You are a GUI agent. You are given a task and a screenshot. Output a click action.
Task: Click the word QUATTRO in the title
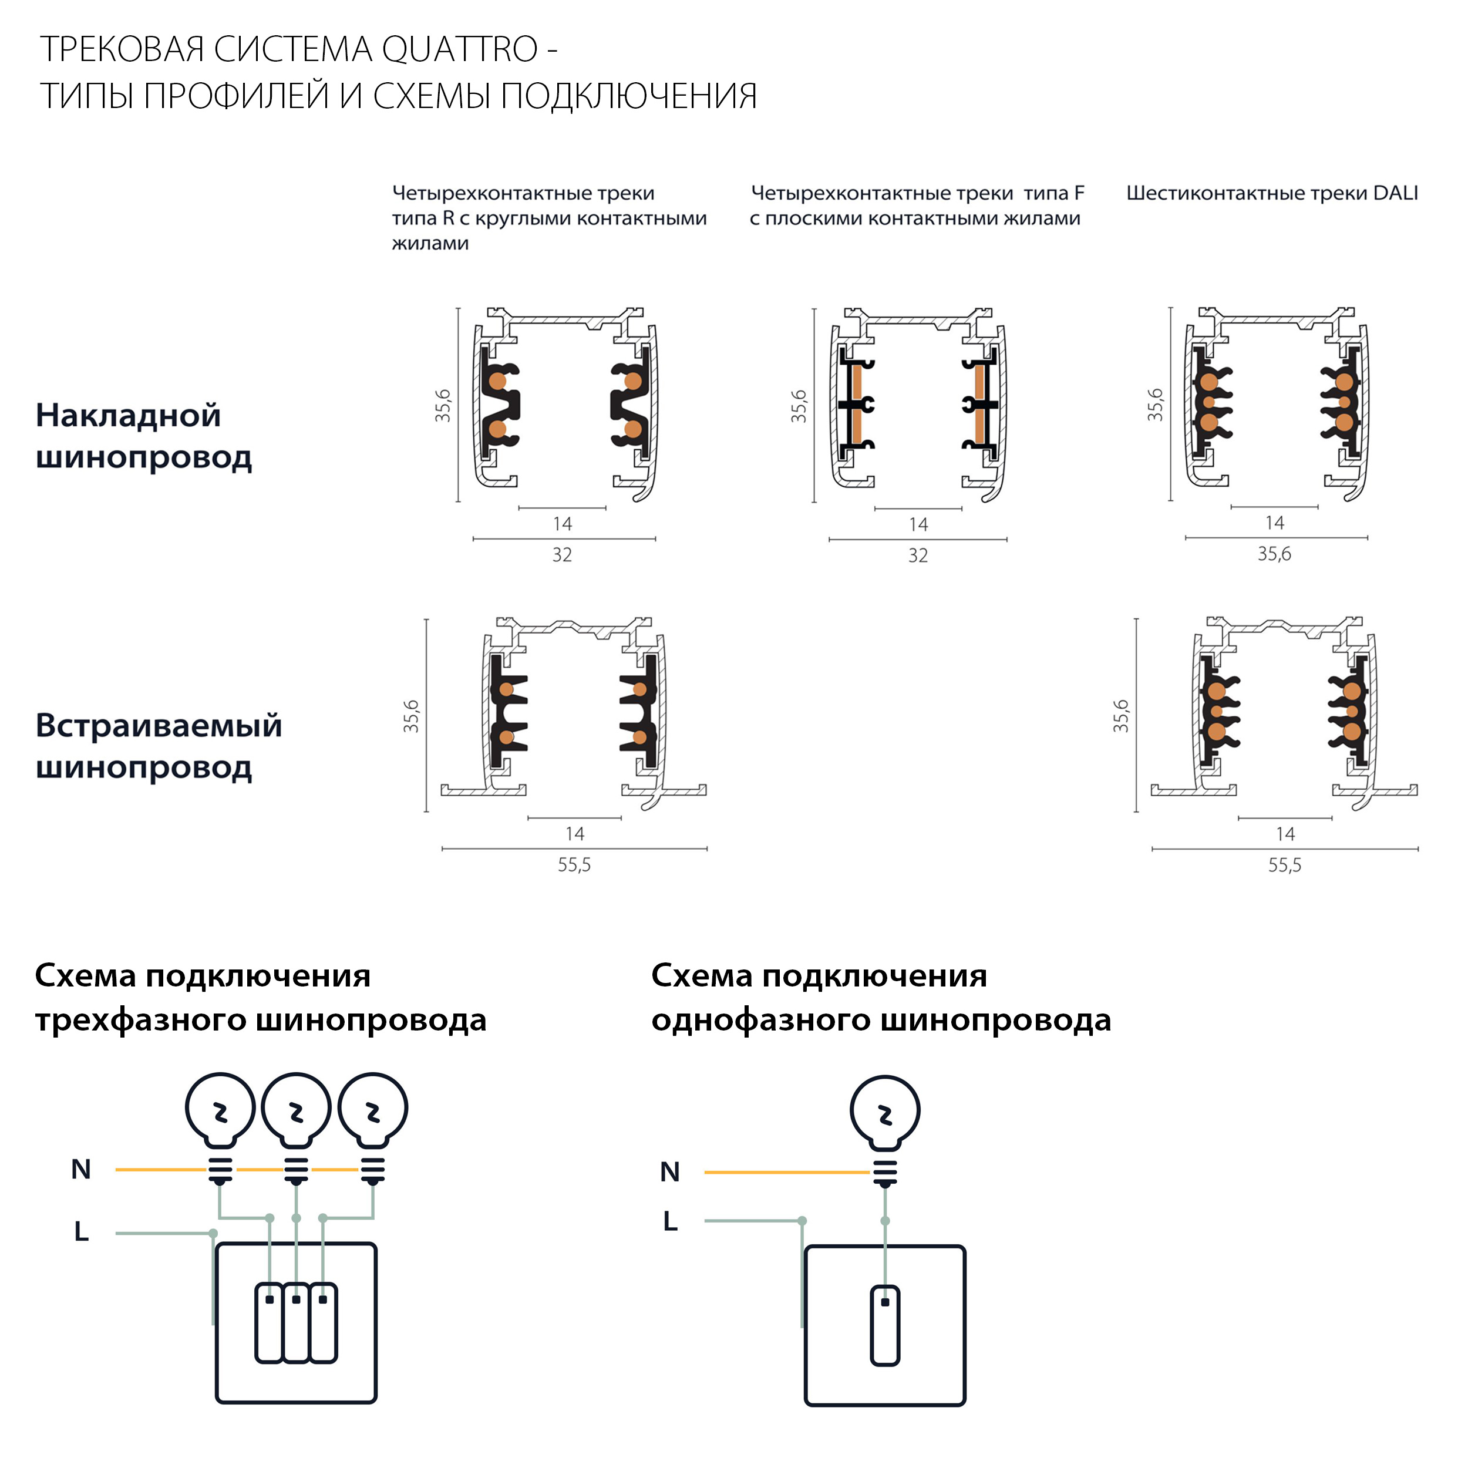(x=459, y=50)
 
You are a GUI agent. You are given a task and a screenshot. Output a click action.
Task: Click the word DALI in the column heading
(x=1395, y=193)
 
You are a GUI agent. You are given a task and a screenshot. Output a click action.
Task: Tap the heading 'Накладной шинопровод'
(x=144, y=436)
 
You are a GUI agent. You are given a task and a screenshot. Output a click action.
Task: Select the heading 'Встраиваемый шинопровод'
(x=158, y=746)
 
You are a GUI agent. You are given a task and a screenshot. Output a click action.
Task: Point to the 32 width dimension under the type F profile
(x=918, y=556)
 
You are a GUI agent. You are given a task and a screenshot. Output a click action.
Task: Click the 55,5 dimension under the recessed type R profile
(x=574, y=866)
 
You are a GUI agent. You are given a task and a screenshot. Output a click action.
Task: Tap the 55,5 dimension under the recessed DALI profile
(x=1284, y=866)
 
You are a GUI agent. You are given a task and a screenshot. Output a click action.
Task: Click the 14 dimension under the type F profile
(x=918, y=525)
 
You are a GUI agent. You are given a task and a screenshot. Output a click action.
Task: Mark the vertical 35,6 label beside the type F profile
(x=799, y=406)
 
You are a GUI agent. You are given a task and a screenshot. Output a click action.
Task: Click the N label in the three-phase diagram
(x=81, y=1169)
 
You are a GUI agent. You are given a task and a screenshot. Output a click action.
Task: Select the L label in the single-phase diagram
(x=669, y=1221)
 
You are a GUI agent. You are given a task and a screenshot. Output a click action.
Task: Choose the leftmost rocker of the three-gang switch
(x=269, y=1323)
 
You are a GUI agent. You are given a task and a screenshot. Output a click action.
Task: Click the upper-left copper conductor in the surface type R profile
(x=498, y=381)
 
